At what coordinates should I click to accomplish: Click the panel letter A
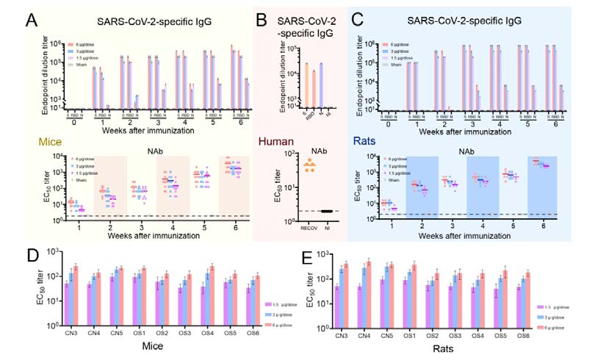(33, 20)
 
